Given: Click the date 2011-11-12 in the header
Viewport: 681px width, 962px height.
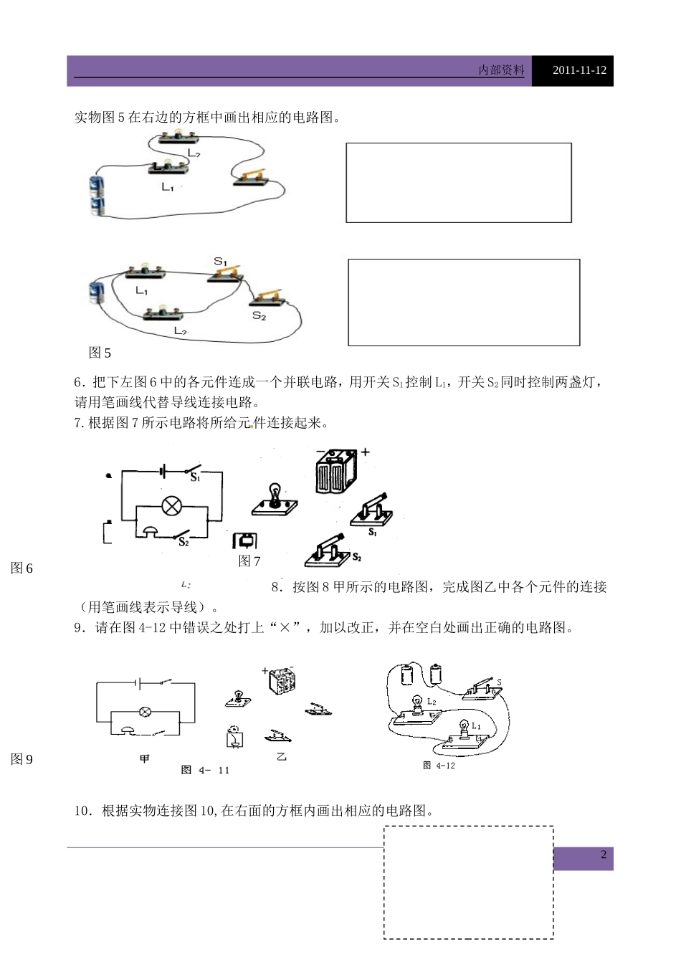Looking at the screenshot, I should pos(580,70).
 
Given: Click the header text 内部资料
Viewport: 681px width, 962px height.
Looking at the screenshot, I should pos(501,70).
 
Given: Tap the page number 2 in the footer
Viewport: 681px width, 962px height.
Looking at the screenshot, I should pos(604,854).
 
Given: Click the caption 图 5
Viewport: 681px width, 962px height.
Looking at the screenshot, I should pos(100,353).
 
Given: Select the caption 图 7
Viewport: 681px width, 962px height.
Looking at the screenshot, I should pos(249,561).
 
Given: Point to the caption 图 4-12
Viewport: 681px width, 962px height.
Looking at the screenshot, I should pos(439,765).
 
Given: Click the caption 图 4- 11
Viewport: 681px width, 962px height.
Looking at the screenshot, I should pos(205,770).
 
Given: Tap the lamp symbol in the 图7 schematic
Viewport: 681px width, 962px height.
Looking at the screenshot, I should pos(171,505).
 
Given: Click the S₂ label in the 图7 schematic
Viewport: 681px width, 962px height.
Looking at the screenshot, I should pos(184,542).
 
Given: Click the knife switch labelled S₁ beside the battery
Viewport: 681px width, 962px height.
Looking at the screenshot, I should pos(372,512).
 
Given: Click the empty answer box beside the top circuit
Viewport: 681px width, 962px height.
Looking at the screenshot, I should pos(459,183).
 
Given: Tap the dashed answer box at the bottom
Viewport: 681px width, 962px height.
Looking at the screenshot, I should pos(468,882).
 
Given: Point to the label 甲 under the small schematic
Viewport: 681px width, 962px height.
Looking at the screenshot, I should pos(144,758).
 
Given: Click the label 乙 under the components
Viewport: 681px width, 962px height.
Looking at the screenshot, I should pos(281,757).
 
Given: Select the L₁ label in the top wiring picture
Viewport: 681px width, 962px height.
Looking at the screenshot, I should pos(168,188).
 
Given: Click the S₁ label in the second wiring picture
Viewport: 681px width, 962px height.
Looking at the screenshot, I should pos(220,262).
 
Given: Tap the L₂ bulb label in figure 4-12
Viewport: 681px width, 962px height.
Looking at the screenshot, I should pos(432,701).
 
